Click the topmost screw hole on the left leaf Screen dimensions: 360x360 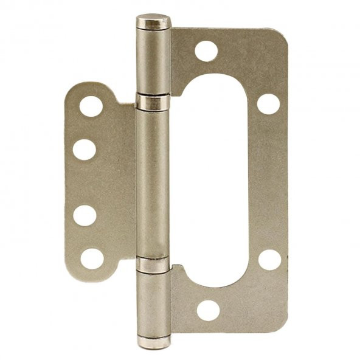click(x=91, y=106)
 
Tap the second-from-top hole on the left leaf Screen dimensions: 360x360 click(x=85, y=149)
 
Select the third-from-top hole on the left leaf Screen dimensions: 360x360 click(x=85, y=215)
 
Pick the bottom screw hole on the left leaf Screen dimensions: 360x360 click(x=91, y=258)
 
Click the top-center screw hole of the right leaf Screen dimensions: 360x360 click(x=206, y=51)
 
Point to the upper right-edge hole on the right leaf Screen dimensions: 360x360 click(x=268, y=103)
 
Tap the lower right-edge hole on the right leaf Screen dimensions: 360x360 click(x=269, y=260)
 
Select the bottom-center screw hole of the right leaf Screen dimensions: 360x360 click(x=207, y=311)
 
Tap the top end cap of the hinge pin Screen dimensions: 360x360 click(x=153, y=22)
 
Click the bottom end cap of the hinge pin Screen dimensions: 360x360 click(x=153, y=342)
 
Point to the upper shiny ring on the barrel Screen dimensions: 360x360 click(x=153, y=102)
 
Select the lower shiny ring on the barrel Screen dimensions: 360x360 click(x=153, y=265)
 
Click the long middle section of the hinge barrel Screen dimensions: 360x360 click(x=153, y=182)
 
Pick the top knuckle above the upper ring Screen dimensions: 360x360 click(x=153, y=61)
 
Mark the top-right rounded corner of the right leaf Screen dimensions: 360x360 click(x=281, y=36)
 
